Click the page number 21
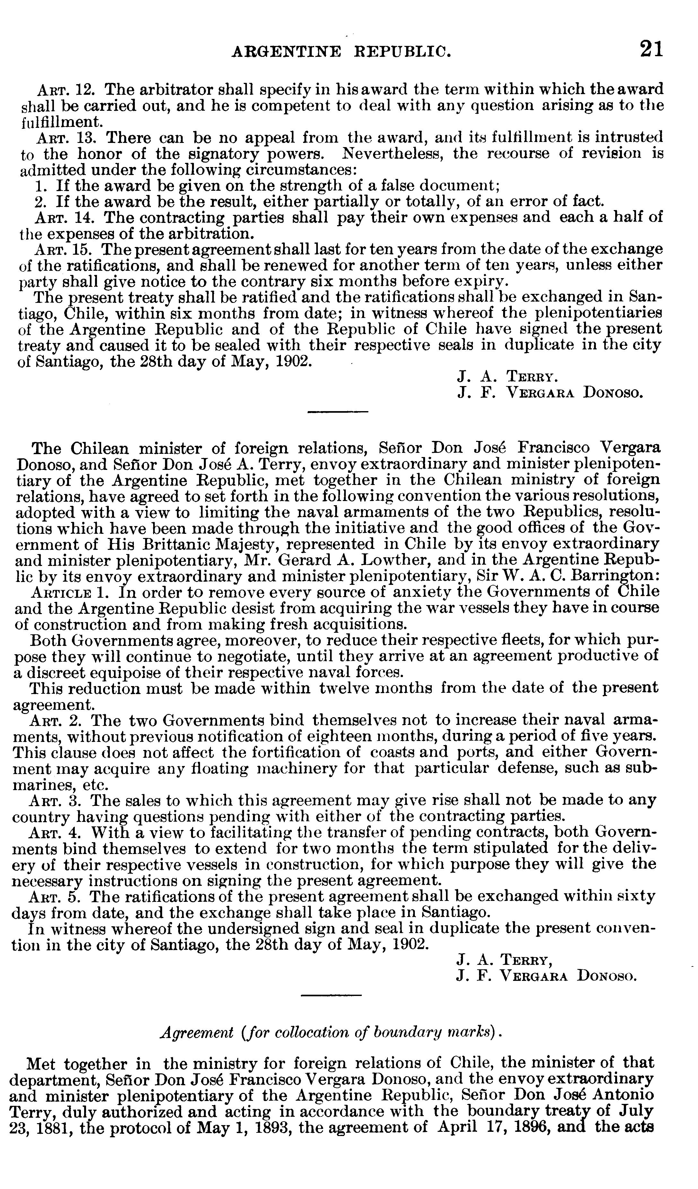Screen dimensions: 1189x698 tap(651, 49)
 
